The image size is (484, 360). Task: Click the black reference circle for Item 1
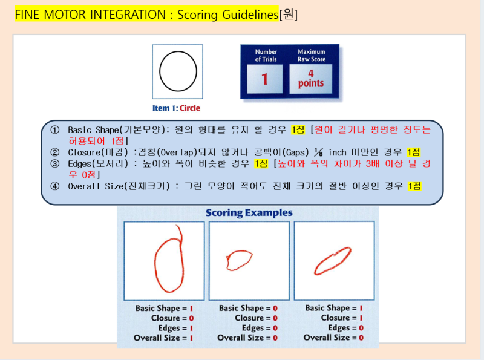tap(178, 70)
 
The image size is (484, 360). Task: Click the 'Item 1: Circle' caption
tap(177, 108)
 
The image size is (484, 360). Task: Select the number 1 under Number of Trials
tap(265, 79)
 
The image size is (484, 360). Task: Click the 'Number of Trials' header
tap(266, 56)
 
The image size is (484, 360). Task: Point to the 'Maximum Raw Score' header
tap(311, 56)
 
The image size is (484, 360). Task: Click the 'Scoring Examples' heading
tap(249, 213)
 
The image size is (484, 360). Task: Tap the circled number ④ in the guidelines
tap(55, 186)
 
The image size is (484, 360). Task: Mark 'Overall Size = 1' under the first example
tap(163, 338)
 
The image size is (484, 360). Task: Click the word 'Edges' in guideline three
tap(82, 163)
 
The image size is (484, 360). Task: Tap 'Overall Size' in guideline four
tap(96, 186)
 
